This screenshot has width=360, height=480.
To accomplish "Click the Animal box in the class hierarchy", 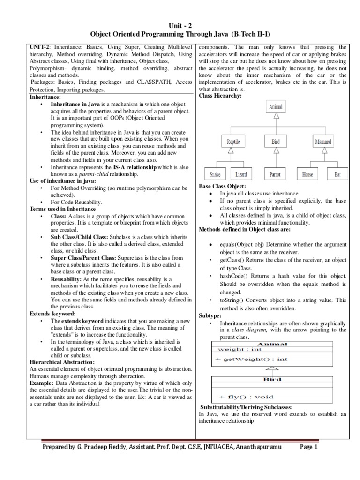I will [276, 107].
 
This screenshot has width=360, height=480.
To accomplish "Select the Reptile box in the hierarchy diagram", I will [234, 141].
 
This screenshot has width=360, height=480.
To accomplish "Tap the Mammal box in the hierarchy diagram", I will [323, 141].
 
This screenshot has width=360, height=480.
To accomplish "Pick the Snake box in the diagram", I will [215, 174].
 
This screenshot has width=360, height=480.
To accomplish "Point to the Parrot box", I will [275, 174].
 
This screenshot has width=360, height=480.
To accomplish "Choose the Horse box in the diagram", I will [307, 174].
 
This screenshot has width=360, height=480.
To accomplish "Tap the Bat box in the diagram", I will [337, 174].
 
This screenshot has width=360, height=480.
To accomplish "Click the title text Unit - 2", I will [180, 27].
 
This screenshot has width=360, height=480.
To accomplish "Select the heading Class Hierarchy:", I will [220, 96].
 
